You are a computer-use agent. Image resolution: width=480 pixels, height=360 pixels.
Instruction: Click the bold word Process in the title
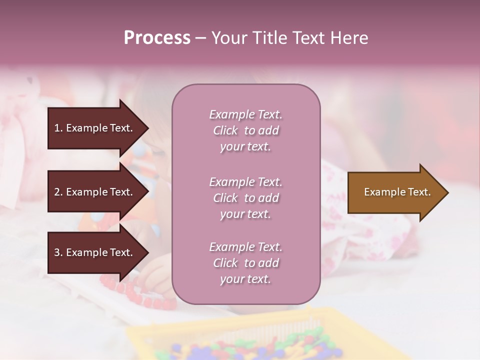(x=157, y=38)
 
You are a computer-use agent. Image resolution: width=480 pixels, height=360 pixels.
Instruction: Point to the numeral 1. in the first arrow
(x=58, y=128)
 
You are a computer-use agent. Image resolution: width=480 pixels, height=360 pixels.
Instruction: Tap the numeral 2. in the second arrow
(x=58, y=192)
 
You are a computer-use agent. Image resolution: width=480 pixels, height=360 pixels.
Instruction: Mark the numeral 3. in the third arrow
(x=58, y=252)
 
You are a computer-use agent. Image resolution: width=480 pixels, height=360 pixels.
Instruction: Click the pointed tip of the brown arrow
(x=446, y=192)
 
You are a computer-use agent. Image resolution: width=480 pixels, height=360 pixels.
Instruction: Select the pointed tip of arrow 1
(x=146, y=128)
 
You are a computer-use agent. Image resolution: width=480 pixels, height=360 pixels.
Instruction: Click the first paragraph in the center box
(x=245, y=130)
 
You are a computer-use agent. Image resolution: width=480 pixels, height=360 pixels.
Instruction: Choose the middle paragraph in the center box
(x=245, y=198)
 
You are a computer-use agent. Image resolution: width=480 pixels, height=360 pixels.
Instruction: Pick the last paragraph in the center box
(x=245, y=263)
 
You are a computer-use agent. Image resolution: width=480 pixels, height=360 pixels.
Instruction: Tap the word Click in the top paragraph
(x=225, y=130)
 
